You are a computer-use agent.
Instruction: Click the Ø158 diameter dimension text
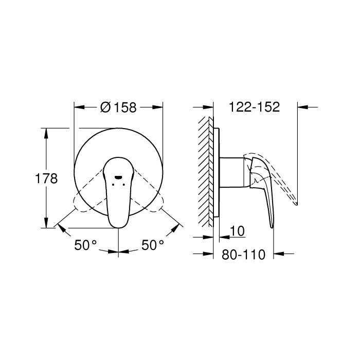click(119, 107)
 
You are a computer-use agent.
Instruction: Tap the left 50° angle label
click(85, 245)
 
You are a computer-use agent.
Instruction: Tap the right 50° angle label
click(153, 245)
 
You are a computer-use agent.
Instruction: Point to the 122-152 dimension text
click(254, 107)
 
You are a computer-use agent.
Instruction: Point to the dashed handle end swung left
click(81, 202)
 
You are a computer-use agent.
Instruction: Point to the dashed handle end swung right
click(156, 202)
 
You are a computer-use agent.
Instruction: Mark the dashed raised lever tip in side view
click(293, 199)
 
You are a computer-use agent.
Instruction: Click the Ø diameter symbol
click(104, 107)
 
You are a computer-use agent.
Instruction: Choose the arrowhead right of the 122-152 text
click(302, 107)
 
